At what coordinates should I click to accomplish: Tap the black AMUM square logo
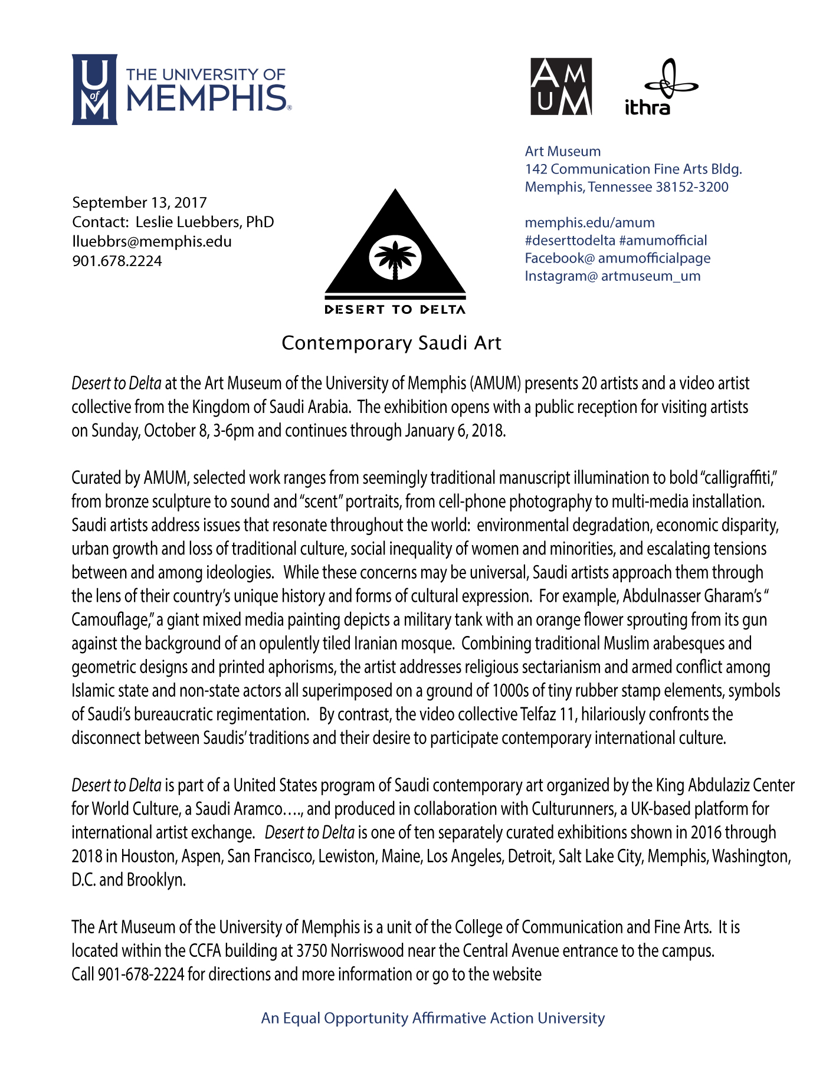[x=561, y=87]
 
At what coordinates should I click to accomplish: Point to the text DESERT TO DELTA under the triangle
[x=395, y=310]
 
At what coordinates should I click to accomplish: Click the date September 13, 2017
[x=139, y=202]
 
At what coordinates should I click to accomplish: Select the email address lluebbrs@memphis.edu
[x=152, y=241]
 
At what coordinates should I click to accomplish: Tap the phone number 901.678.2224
[x=117, y=261]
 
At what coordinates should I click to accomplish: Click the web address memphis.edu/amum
[x=589, y=222]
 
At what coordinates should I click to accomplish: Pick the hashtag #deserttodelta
[x=570, y=240]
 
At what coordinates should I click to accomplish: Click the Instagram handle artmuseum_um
[x=650, y=276]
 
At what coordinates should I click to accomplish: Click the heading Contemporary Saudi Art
[x=391, y=343]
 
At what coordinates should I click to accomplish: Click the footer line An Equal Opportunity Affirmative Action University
[x=433, y=1018]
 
